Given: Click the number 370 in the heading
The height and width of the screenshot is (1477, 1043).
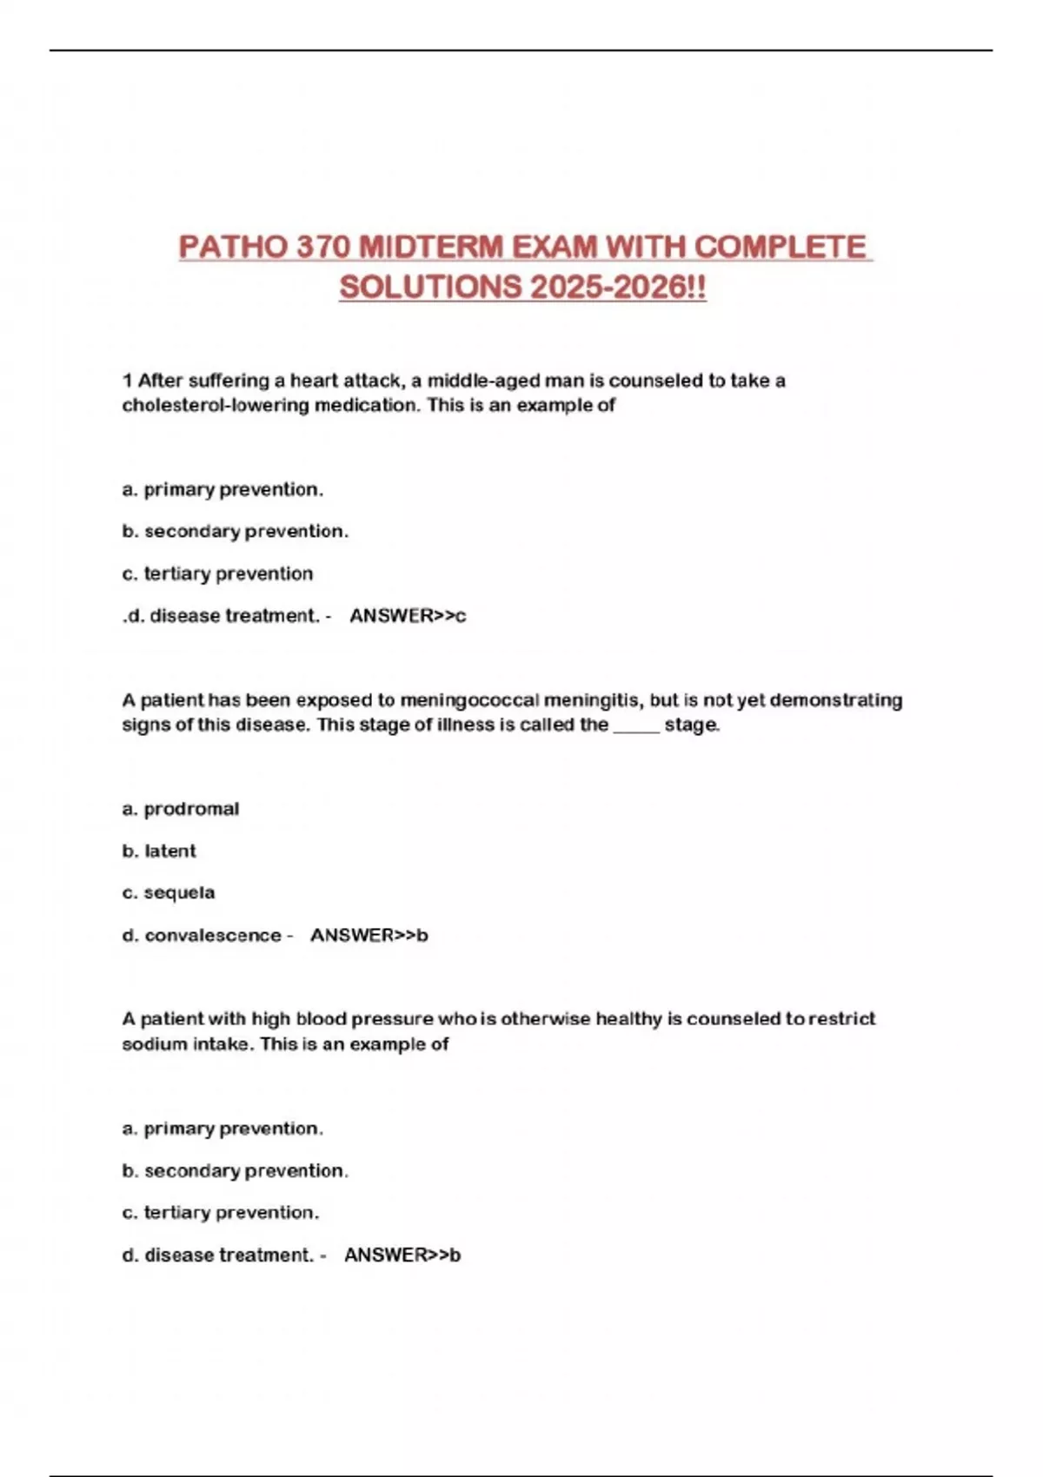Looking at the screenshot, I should pyautogui.click(x=322, y=248).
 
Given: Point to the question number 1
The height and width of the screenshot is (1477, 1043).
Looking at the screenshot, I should pyautogui.click(x=127, y=381).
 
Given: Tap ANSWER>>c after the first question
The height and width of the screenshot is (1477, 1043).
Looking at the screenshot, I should pyautogui.click(x=408, y=616).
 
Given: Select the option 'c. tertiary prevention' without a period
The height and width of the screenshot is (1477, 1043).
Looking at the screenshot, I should pyautogui.click(x=217, y=573).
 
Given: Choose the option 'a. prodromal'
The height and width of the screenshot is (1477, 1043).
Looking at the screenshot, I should pyautogui.click(x=181, y=809).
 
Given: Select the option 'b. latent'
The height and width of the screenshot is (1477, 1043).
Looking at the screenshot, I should pyautogui.click(x=159, y=851).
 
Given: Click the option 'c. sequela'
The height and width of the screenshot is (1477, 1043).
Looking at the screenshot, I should pyautogui.click(x=169, y=892).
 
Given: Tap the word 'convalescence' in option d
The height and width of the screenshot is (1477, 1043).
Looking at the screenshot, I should pyautogui.click(x=213, y=936).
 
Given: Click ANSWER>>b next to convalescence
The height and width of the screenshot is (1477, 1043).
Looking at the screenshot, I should pyautogui.click(x=369, y=936).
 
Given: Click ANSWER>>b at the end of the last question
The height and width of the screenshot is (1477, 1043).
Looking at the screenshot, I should pyautogui.click(x=402, y=1255).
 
